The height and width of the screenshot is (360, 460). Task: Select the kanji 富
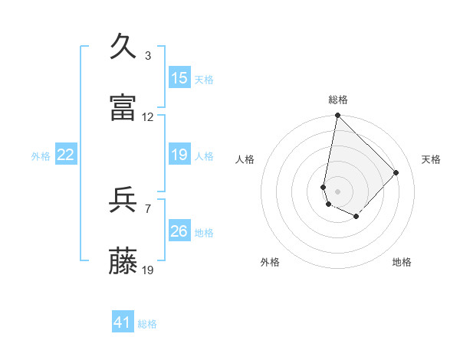[x=123, y=108]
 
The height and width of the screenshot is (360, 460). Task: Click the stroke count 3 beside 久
[x=148, y=55]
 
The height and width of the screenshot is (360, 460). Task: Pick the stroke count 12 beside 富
[x=148, y=117]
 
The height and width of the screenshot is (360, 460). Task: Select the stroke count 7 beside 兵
[x=148, y=208]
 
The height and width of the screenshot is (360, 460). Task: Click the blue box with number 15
[x=179, y=78]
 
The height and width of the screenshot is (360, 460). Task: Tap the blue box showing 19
[x=179, y=155]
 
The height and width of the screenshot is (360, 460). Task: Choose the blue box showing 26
[x=179, y=231]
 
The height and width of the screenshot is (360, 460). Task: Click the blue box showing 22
[x=66, y=155]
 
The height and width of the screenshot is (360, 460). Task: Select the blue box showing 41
[x=123, y=322]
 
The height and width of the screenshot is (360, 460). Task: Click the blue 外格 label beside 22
[x=41, y=156]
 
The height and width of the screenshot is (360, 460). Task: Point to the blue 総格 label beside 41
[x=147, y=324]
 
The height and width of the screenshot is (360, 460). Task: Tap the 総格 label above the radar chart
[x=337, y=100]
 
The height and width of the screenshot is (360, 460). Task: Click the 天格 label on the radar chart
[x=431, y=159]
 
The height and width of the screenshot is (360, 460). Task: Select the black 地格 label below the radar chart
[x=402, y=262]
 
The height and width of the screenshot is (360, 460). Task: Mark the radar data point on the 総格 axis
[x=337, y=116]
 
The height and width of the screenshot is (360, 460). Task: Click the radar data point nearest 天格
[x=396, y=172]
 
